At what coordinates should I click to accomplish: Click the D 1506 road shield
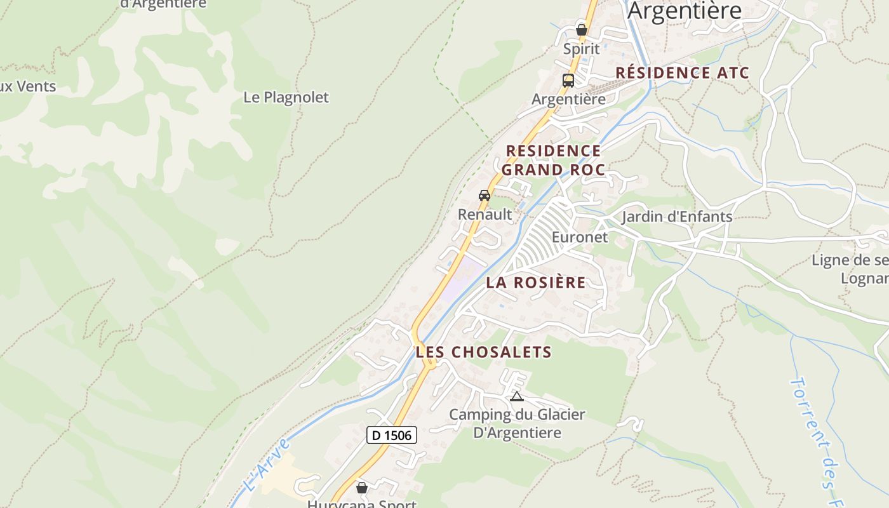(x=392, y=435)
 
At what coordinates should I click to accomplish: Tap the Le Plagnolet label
(x=286, y=97)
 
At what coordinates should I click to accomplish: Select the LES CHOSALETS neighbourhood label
(x=483, y=352)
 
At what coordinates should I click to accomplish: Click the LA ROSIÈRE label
(x=535, y=283)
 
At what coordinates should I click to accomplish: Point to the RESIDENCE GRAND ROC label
(x=552, y=160)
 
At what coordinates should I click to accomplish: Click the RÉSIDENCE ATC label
(x=683, y=72)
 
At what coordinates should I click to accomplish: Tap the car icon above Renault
(x=485, y=195)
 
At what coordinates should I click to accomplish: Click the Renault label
(x=485, y=215)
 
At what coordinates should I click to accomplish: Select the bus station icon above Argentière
(x=568, y=81)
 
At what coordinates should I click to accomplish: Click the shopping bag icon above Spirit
(x=581, y=29)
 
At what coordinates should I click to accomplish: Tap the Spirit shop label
(x=581, y=49)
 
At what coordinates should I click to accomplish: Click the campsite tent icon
(x=517, y=397)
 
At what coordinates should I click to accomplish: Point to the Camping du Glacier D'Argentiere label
(x=517, y=424)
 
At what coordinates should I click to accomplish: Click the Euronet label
(x=580, y=237)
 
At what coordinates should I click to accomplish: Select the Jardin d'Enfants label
(x=677, y=217)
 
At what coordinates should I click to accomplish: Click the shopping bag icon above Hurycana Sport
(x=362, y=488)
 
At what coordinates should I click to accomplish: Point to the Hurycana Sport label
(x=362, y=504)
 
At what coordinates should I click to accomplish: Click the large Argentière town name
(x=685, y=11)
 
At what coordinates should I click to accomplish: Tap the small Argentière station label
(x=568, y=100)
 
